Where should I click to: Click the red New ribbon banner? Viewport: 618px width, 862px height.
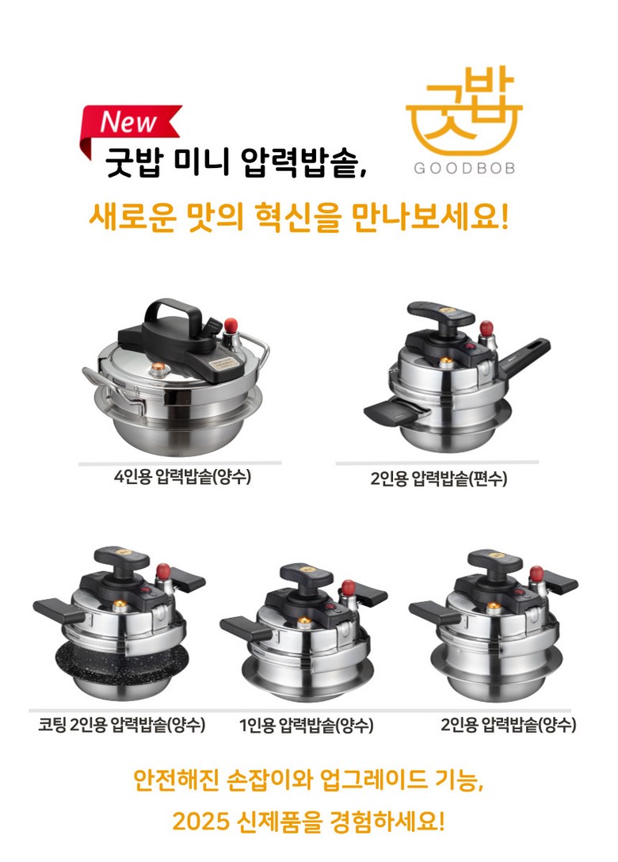(132, 123)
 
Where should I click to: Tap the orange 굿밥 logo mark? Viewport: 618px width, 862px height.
(463, 112)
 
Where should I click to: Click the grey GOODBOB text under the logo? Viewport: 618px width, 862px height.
(464, 168)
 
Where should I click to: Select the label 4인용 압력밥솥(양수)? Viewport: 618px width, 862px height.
(182, 476)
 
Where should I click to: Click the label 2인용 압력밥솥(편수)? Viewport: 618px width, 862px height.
(438, 479)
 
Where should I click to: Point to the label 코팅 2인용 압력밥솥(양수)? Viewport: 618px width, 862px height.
(121, 724)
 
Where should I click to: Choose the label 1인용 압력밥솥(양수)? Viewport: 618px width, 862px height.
(307, 725)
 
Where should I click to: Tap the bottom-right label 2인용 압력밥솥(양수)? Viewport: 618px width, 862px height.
(508, 725)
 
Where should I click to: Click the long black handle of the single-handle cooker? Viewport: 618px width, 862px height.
(523, 358)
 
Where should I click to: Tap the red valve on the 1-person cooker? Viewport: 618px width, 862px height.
(348, 588)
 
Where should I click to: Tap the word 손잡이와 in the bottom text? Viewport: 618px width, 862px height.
(273, 779)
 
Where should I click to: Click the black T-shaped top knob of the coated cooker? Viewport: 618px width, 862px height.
(121, 559)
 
